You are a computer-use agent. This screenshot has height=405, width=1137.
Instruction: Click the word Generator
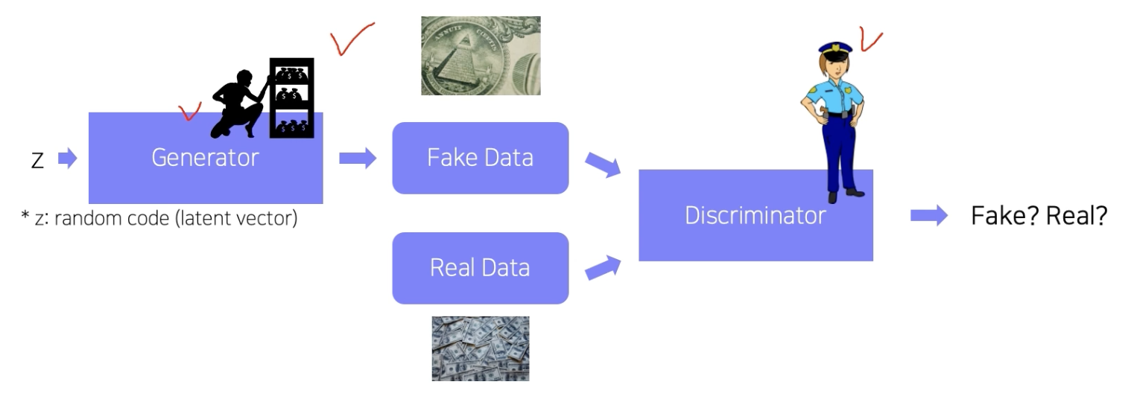click(205, 158)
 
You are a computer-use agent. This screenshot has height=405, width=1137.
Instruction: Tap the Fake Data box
click(480, 158)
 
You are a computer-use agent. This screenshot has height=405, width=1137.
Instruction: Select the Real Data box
click(480, 268)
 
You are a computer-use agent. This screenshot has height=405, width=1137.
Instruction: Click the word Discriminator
click(756, 216)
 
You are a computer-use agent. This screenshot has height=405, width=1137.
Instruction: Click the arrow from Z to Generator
click(68, 158)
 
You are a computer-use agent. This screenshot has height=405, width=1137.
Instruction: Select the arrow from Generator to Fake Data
click(358, 158)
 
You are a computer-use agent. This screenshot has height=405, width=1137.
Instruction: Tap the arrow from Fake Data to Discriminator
click(602, 165)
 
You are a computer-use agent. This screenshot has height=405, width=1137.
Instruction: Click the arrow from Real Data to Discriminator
click(602, 267)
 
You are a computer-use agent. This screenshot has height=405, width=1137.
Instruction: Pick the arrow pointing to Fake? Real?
click(928, 216)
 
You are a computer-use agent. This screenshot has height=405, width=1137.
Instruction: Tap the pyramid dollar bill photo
click(481, 56)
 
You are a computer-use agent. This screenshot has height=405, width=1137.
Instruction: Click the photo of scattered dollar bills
click(481, 348)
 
